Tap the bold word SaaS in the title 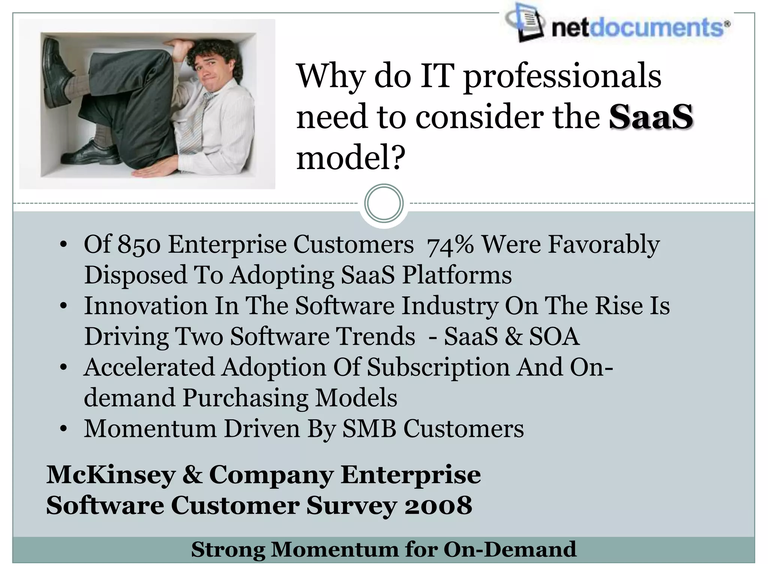651,117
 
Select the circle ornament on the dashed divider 384,204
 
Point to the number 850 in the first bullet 139,244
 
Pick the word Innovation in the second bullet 145,305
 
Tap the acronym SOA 554,336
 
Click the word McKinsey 111,475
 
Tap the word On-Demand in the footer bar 510,550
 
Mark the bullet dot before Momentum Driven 63,429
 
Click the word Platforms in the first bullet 457,275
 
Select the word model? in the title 351,158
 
